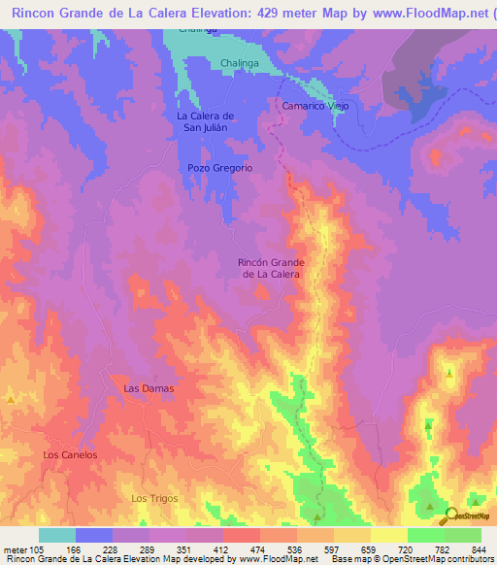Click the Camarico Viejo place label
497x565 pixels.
pos(315,105)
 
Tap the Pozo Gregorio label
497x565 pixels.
pos(219,168)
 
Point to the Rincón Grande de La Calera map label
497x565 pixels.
pos(272,269)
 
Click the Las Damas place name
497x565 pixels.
pos(149,388)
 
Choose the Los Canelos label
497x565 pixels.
pos(71,454)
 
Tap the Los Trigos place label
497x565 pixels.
pos(155,498)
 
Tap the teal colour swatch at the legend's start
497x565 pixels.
pos(57,535)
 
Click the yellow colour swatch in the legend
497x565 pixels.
pos(388,535)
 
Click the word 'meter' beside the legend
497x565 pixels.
pos(14,549)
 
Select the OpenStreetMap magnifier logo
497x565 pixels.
pos(448,515)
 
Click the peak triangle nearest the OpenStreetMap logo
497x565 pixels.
pos(430,506)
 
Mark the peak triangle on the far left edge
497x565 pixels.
pos(11,399)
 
